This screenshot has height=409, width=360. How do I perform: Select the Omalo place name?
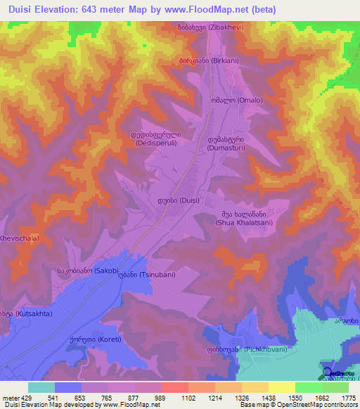point(228,100)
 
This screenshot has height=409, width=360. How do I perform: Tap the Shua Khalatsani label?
point(242,219)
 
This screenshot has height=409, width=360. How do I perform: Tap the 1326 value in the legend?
point(242,398)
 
